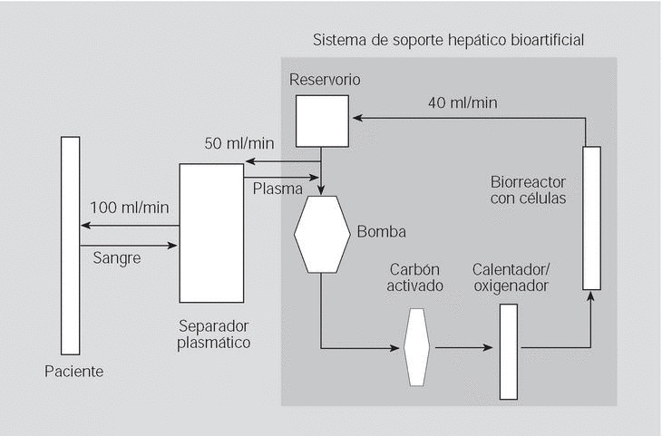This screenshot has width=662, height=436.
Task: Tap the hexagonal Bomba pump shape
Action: point(323,234)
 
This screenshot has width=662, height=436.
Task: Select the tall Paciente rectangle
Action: point(70,245)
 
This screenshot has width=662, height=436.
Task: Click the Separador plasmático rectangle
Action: point(211,232)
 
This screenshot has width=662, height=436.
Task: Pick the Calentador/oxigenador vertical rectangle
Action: point(509,352)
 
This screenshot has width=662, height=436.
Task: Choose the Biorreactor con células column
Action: point(591,217)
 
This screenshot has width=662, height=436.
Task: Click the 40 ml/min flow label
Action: point(462,102)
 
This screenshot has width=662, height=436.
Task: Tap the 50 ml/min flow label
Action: point(239,144)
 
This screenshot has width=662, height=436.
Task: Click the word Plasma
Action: point(272,187)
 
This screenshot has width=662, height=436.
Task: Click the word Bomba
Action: point(381,232)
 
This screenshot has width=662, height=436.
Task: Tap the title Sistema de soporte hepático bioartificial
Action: point(448,41)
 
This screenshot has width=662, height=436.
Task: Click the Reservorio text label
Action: point(325,79)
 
